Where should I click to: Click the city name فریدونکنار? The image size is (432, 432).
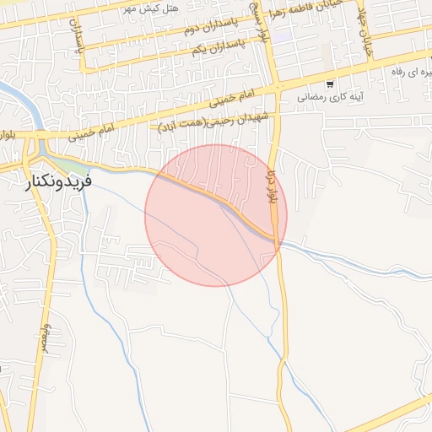(59, 180)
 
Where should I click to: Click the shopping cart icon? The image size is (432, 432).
(330, 84)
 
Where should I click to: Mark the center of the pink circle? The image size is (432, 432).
(216, 215)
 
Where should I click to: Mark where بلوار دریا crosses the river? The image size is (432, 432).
(278, 241)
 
